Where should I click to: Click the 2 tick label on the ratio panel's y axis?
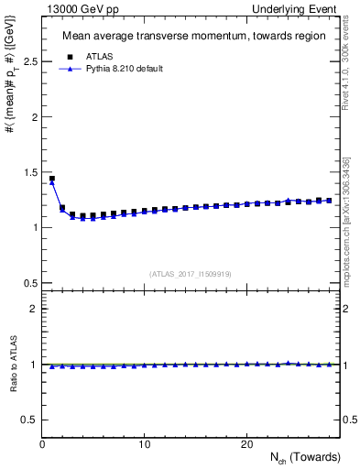click(x=33, y=310)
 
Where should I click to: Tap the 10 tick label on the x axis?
click(x=145, y=444)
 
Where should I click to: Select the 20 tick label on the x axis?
click(x=246, y=444)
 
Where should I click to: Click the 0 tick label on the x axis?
click(x=43, y=444)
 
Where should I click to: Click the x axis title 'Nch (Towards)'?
click(x=307, y=458)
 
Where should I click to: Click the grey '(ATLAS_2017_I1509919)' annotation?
click(x=191, y=274)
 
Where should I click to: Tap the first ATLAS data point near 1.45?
click(x=52, y=179)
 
